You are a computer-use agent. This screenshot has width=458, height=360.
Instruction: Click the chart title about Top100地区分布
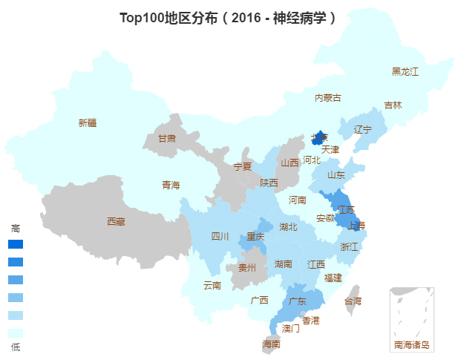tap(229, 18)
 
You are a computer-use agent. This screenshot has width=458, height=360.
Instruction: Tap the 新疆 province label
tap(88, 123)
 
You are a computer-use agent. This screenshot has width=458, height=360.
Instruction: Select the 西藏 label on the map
tap(116, 221)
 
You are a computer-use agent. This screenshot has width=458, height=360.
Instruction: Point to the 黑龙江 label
tap(405, 72)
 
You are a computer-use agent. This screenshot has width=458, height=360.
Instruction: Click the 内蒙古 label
tap(327, 98)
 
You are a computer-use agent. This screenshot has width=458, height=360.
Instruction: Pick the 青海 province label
tap(171, 185)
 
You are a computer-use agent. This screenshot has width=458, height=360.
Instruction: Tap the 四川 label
tap(220, 237)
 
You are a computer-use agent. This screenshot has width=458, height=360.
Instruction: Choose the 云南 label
tap(212, 285)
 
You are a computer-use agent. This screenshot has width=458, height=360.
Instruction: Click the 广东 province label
tap(298, 301)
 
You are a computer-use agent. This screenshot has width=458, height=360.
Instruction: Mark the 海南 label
tap(272, 344)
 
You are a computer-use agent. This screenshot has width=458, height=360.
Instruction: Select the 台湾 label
tap(353, 301)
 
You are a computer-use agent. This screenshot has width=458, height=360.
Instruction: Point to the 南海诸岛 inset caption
tap(412, 345)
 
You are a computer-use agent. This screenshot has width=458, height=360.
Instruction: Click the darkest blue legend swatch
tap(16, 244)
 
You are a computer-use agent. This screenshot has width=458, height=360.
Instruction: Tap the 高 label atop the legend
tap(16, 228)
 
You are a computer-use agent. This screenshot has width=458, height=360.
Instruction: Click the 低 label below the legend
tap(16, 347)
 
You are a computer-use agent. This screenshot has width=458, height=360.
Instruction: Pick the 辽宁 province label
tap(362, 129)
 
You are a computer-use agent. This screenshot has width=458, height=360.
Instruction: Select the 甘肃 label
tap(167, 139)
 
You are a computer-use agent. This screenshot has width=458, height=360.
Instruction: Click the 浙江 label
tap(349, 246)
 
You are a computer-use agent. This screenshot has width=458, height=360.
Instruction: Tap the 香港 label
tap(311, 320)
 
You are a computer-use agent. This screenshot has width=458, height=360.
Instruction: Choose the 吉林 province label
tap(393, 105)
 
